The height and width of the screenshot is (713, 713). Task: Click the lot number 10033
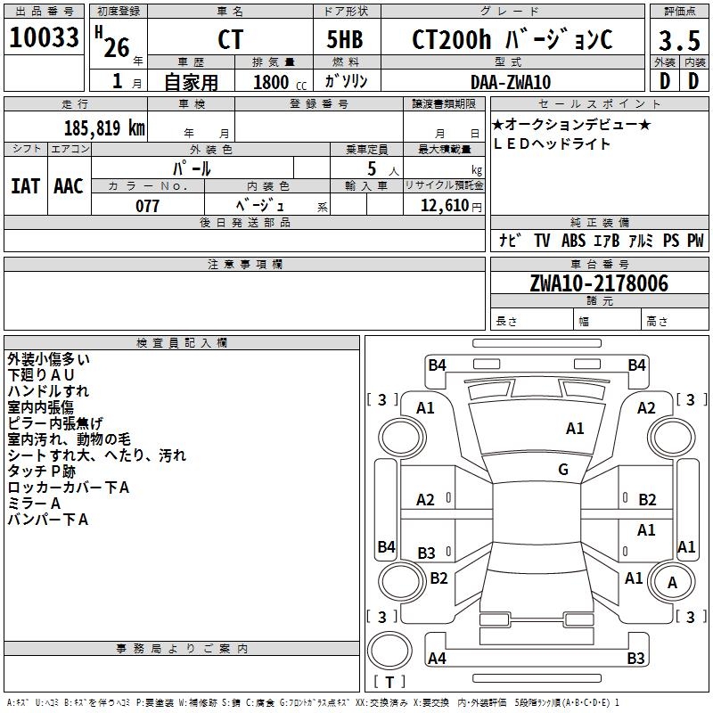pos(44,37)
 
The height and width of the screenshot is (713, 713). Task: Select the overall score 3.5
pos(679,40)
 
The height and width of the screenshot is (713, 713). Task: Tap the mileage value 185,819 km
pos(104,128)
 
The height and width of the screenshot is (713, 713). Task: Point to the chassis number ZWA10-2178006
pos(599,283)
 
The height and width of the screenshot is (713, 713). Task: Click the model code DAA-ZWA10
pos(511,82)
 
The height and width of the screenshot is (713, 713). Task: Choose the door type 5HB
pos(345,39)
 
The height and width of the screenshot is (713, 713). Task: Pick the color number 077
pos(147,206)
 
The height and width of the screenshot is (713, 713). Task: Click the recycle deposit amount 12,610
pos(445,206)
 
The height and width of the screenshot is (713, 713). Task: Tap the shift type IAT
pos(26,186)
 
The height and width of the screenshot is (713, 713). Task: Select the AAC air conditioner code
pos(69,186)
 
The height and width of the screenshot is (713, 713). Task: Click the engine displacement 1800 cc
pos(280,82)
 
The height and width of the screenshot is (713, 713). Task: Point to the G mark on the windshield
pos(563,470)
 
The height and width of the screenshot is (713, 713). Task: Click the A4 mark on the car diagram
pos(437,658)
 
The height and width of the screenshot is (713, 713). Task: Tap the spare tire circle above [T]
pos(389,651)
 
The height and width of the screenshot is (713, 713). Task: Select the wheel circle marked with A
pos(672,582)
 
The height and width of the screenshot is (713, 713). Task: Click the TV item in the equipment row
pos(542,240)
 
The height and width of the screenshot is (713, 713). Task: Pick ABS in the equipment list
pos(573,240)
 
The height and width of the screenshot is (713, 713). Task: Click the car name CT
pos(230,39)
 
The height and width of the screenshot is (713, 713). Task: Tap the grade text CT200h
pos(451,39)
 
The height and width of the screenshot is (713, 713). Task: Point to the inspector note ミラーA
pos(34,504)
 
